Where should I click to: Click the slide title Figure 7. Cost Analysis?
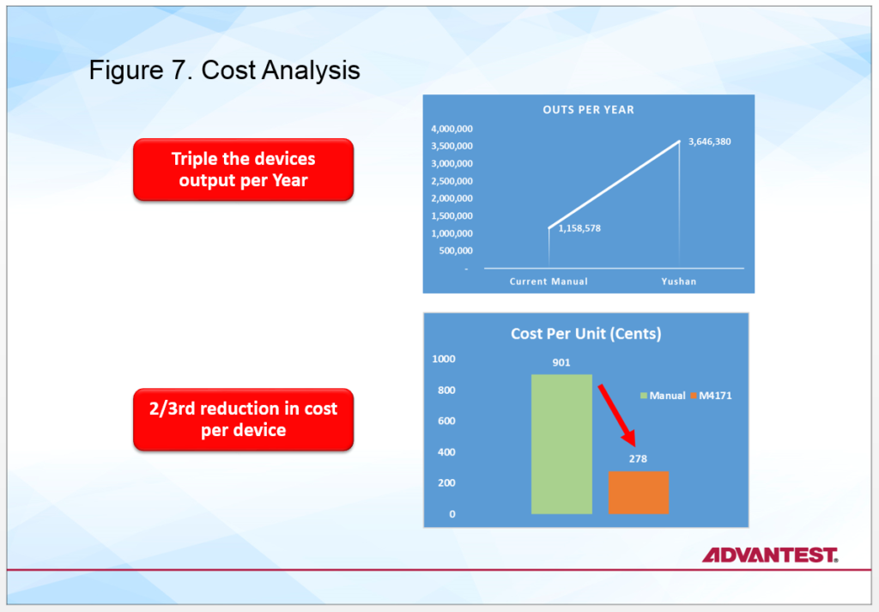coord(224,70)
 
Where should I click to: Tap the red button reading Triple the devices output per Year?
coord(243,169)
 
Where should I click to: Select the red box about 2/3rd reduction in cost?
coord(243,419)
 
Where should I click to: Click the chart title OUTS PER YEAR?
coord(588,110)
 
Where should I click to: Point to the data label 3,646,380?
coord(709,142)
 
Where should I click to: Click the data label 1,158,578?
coord(579,228)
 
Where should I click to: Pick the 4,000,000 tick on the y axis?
coord(452,129)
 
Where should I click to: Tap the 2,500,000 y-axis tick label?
coord(452,181)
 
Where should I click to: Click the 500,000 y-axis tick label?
coord(455,251)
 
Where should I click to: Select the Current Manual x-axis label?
coord(549,282)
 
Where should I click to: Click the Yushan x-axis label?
coord(678,282)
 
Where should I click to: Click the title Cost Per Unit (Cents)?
coord(585,334)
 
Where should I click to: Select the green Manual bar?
coord(561,444)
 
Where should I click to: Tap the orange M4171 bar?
coord(639,493)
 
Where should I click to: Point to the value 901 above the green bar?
coord(561,362)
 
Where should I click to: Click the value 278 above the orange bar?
coord(638,459)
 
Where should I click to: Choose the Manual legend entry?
coord(663,396)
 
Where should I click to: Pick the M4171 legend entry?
coord(711,396)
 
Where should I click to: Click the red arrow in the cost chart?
coord(616,415)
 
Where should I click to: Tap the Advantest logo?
coord(770,554)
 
